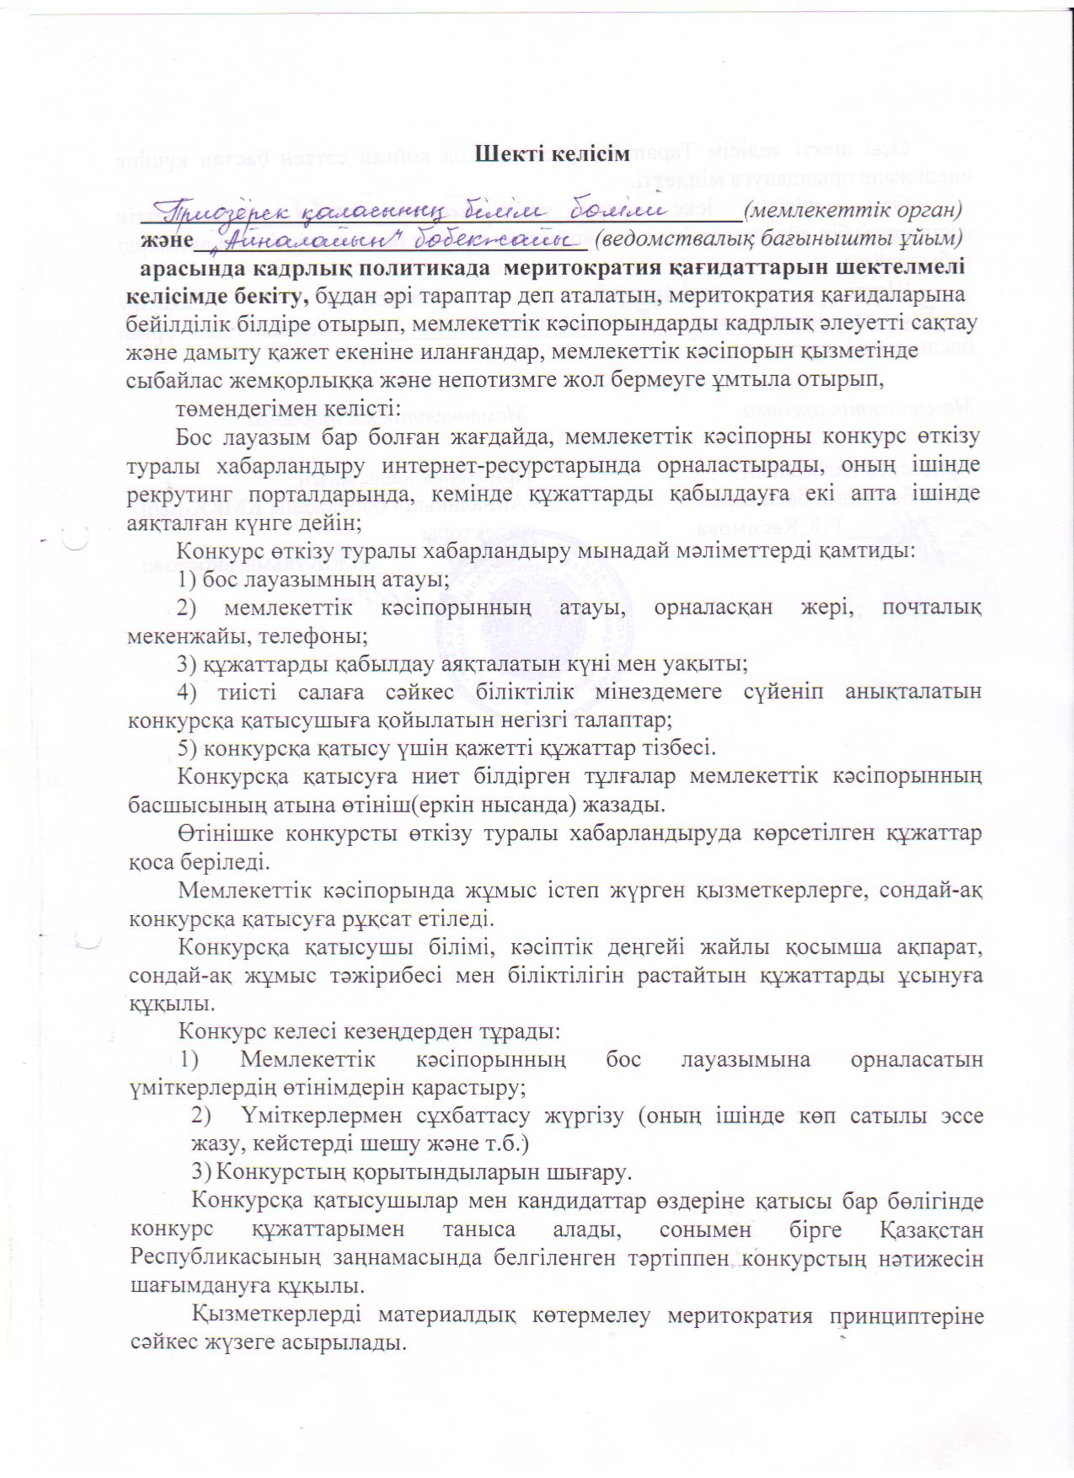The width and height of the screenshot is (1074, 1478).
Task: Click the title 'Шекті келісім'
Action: (x=552, y=154)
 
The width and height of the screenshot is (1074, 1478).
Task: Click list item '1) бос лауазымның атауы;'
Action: (x=313, y=580)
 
